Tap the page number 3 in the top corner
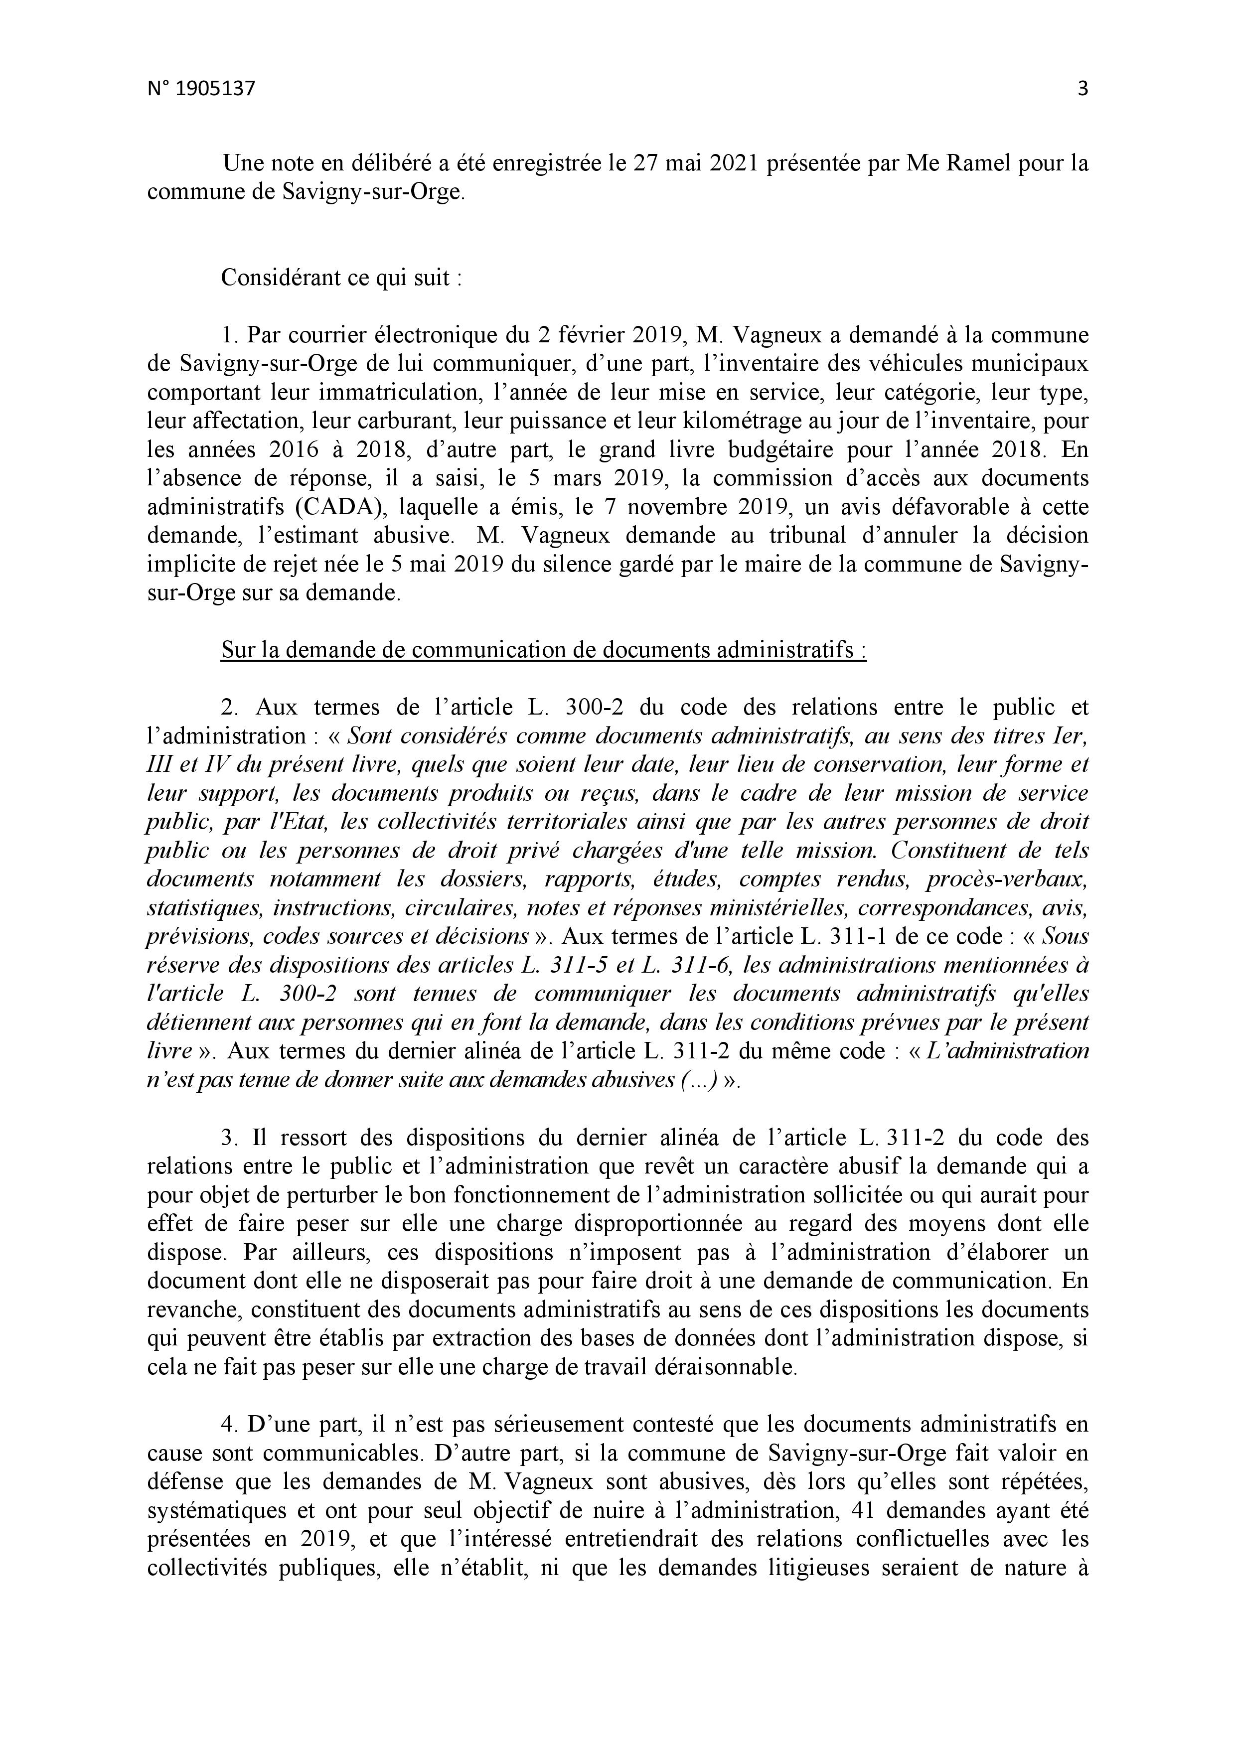point(1082,89)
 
